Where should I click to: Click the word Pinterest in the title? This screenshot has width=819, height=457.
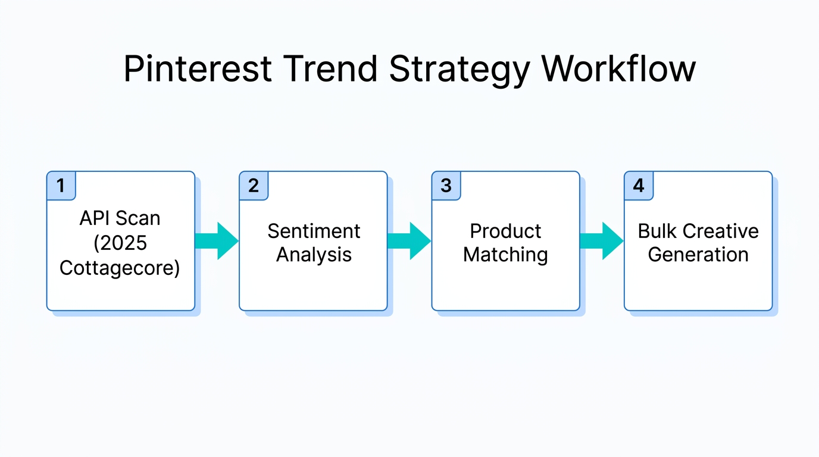tap(198, 69)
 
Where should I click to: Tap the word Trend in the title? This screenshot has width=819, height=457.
tap(330, 69)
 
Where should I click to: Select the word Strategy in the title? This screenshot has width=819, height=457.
tap(459, 70)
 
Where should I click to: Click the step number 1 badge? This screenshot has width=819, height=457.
tap(61, 186)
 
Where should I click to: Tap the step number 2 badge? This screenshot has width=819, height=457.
tap(254, 186)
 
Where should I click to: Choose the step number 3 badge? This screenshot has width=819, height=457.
tap(446, 186)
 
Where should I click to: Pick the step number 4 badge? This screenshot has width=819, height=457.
tap(639, 186)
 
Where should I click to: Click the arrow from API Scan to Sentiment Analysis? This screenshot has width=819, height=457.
tap(217, 241)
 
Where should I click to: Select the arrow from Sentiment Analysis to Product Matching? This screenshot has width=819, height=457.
tap(409, 241)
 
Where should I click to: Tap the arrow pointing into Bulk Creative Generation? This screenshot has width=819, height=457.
tap(602, 241)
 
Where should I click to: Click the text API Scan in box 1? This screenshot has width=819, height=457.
tap(120, 218)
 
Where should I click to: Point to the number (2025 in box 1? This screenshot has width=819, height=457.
tap(120, 243)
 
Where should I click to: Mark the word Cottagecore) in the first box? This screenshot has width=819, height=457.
tap(120, 268)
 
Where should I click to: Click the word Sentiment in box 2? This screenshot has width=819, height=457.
tap(314, 231)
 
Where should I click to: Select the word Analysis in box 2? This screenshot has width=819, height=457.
tap(314, 255)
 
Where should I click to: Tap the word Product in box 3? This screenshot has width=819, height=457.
tap(505, 231)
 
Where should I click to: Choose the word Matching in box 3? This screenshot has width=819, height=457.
tap(505, 255)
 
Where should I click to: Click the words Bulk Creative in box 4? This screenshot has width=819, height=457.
tap(698, 231)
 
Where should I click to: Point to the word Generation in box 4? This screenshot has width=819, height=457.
tap(698, 255)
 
